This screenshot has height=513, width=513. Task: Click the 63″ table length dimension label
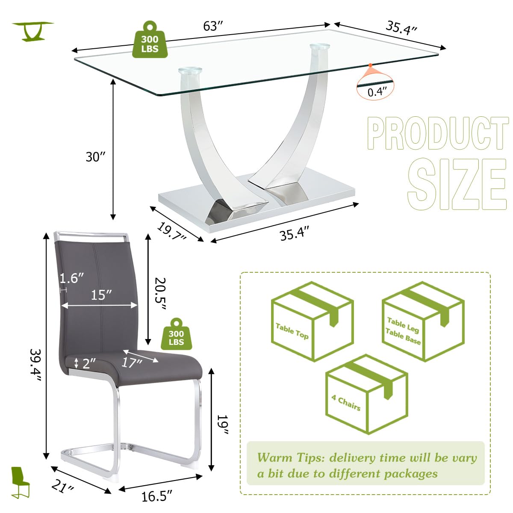(213, 27)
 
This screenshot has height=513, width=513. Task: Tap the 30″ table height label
(95, 157)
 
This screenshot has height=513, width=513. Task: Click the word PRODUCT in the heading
(437, 134)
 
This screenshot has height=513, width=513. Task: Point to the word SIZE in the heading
(456, 184)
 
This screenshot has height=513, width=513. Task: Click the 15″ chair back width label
(101, 295)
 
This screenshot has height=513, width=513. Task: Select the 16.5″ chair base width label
(157, 496)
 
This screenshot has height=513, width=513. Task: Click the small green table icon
(32, 31)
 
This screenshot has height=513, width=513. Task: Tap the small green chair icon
(20, 482)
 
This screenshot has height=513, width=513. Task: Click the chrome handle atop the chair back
(91, 234)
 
